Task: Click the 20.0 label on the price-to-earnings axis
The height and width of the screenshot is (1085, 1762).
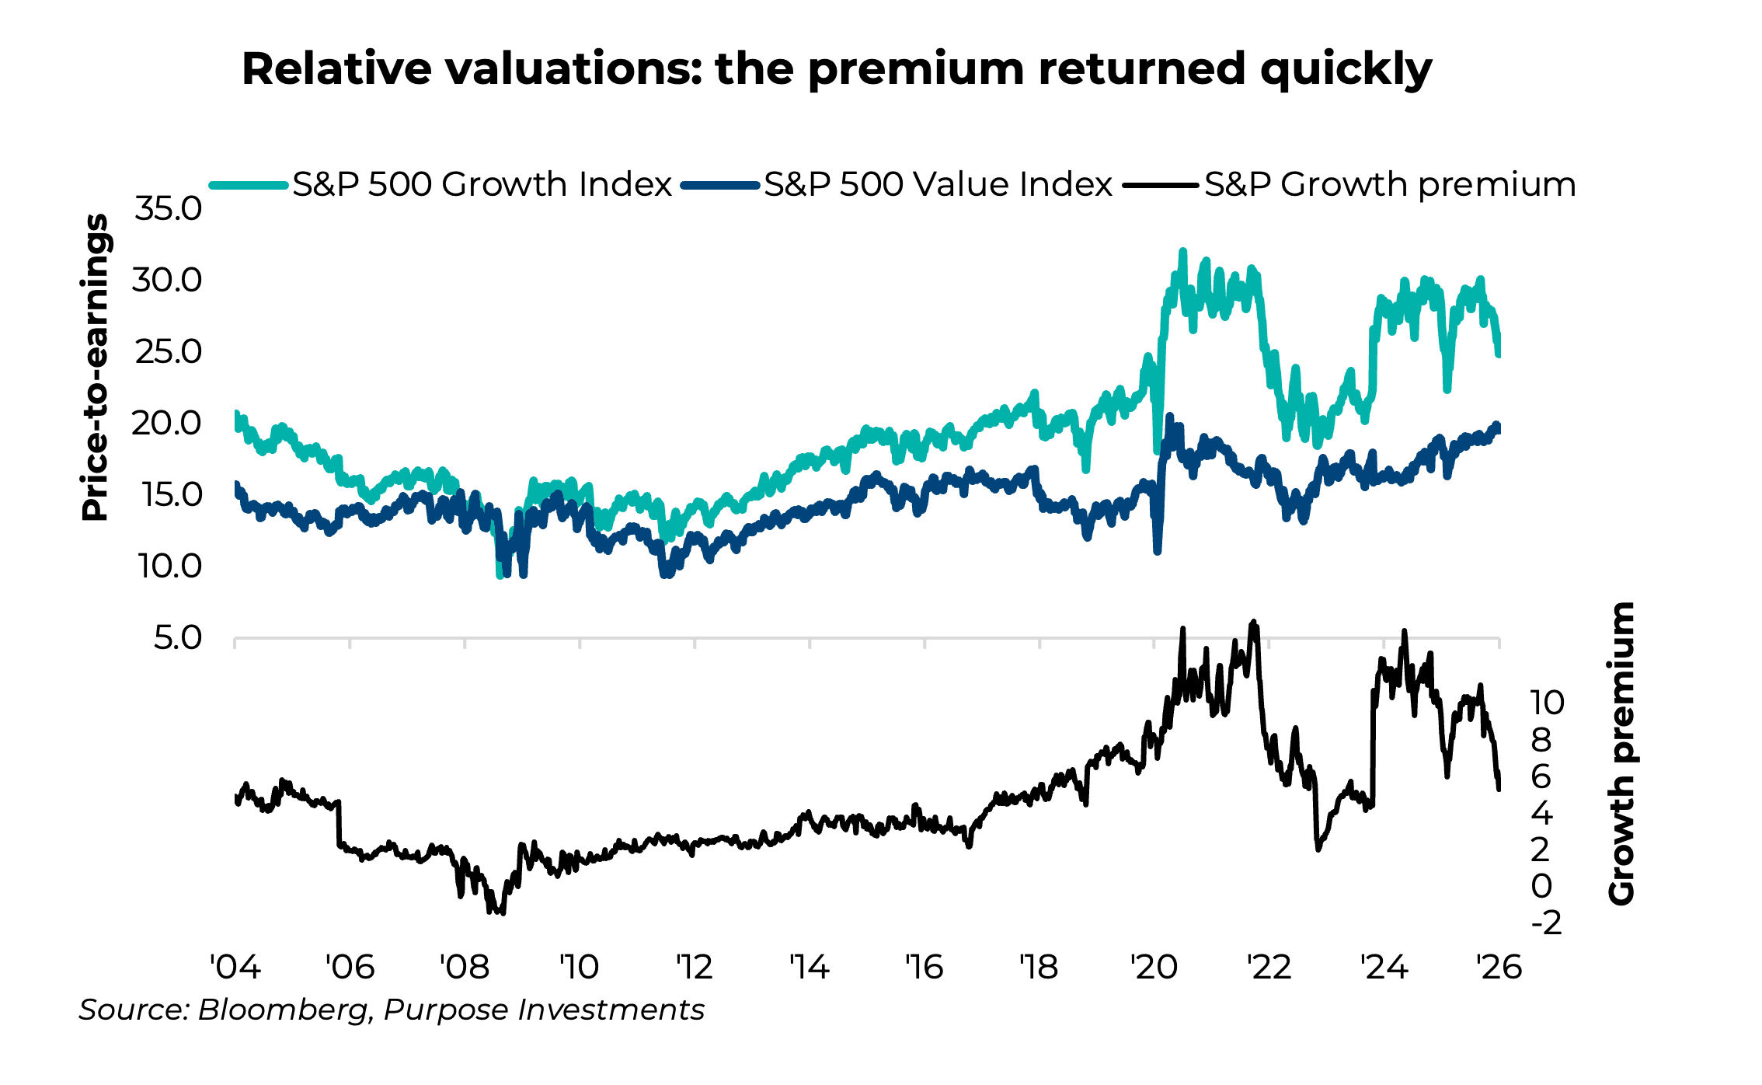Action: pos(166,424)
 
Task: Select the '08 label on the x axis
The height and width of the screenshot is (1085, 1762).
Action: pos(464,968)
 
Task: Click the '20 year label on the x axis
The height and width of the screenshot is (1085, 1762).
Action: pos(1154,968)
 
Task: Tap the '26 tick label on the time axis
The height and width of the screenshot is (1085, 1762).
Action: pos(1498,968)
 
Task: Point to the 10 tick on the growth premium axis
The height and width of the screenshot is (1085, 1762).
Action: pos(1547,703)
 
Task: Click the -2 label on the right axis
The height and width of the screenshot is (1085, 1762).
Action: pos(1546,923)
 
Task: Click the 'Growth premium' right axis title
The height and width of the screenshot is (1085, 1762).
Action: pos(1621,754)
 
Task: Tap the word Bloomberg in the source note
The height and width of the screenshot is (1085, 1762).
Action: pos(283,1010)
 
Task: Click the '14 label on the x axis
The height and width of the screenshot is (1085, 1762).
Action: pos(809,968)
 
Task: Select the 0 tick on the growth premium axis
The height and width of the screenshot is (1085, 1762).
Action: pos(1541,886)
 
